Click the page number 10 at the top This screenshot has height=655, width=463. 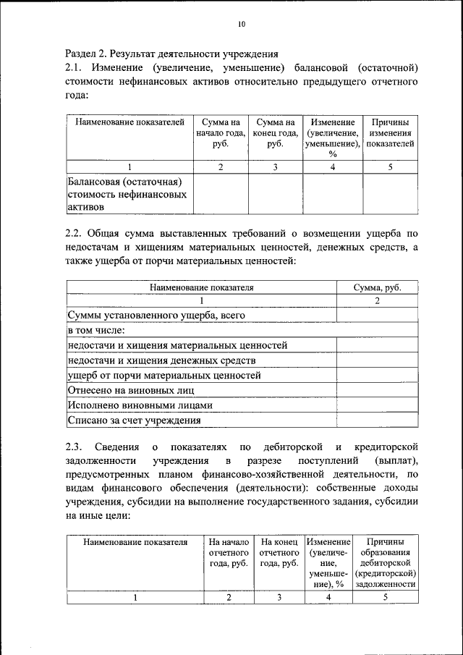click(x=242, y=25)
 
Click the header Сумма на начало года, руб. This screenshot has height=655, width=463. click(x=221, y=133)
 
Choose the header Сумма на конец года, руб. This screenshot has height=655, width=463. click(x=274, y=133)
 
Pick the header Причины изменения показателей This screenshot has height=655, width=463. click(x=390, y=133)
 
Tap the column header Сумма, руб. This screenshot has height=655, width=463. click(x=377, y=287)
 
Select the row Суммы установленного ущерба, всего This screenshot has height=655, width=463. click(x=156, y=316)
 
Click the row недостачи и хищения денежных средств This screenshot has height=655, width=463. click(x=161, y=360)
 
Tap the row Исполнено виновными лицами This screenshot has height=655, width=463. click(x=140, y=405)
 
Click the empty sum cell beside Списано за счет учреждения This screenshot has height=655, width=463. click(x=377, y=420)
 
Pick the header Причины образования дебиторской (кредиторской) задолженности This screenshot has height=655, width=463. click(x=385, y=562)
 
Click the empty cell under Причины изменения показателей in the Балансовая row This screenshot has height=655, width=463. click(x=390, y=194)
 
